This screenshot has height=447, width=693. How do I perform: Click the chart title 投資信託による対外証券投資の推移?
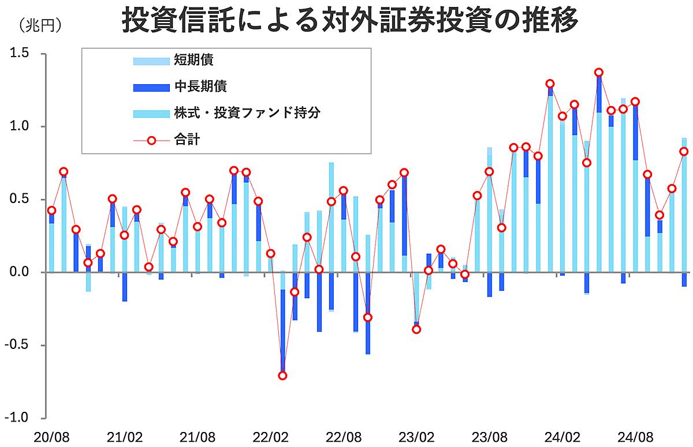[x=349, y=20]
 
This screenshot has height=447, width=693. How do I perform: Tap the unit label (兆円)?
[x=40, y=25]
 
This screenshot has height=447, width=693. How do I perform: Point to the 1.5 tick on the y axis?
[x=19, y=53]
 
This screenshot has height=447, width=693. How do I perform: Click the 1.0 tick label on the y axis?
[x=19, y=126]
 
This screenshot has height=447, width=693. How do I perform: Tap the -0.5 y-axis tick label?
[x=17, y=345]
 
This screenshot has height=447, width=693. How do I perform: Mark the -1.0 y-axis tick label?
[x=17, y=418]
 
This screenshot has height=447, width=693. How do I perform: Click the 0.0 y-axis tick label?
[x=19, y=272]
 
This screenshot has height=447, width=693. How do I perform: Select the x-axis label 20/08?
[x=51, y=437]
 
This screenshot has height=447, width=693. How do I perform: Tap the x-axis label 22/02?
[x=271, y=437]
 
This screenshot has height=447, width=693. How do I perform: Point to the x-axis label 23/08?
[x=490, y=437]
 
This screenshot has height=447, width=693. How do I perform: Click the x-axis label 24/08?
[x=635, y=437]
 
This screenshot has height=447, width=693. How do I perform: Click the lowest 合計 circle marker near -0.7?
[x=282, y=375]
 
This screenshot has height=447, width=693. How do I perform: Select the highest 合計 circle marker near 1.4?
[x=599, y=73]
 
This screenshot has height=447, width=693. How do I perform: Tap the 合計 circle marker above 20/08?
[x=51, y=211]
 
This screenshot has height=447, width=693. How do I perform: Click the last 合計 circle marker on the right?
[x=684, y=152]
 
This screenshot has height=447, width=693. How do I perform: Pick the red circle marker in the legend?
[x=151, y=141]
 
